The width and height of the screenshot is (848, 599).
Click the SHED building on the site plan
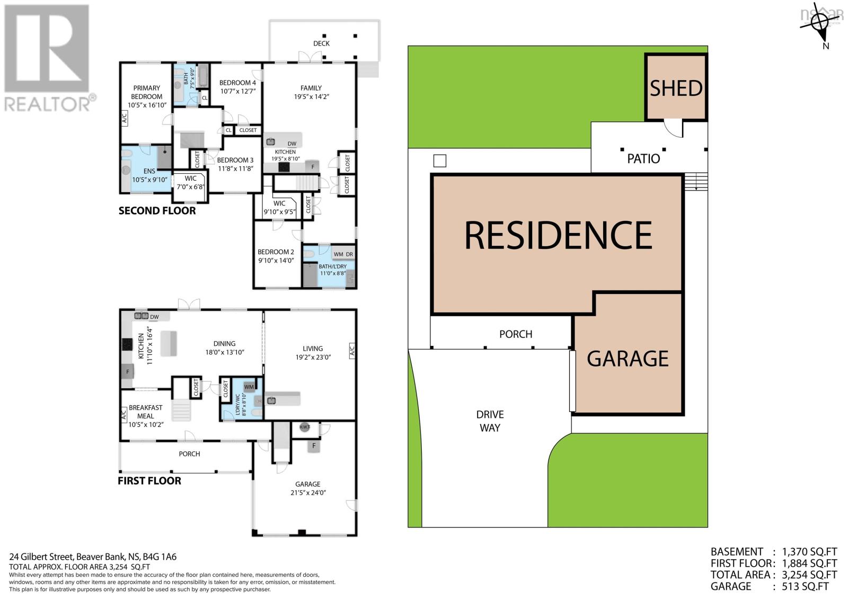coord(676,88)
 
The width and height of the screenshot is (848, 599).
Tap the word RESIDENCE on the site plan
coord(558,235)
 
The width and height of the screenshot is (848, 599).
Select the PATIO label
coord(643,158)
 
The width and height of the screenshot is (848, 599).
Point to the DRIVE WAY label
coord(490,421)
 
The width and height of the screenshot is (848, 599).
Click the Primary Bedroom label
coord(147,92)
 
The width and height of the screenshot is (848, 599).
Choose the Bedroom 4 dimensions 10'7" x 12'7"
coord(237,91)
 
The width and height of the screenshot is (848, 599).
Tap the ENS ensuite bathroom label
coord(149,171)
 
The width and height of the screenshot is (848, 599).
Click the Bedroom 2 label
coord(276,252)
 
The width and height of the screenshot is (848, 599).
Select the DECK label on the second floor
coord(321,43)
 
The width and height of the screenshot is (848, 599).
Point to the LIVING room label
coord(313,348)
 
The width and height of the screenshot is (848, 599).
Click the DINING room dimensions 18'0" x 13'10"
coord(225,352)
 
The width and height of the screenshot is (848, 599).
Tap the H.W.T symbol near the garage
coord(304,427)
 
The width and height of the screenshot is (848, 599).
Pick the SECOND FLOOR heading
coord(157,211)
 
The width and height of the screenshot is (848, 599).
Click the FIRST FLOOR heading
coord(149,481)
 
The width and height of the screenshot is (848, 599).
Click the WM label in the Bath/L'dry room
coord(338,254)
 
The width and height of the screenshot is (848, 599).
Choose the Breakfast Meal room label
coord(146,412)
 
